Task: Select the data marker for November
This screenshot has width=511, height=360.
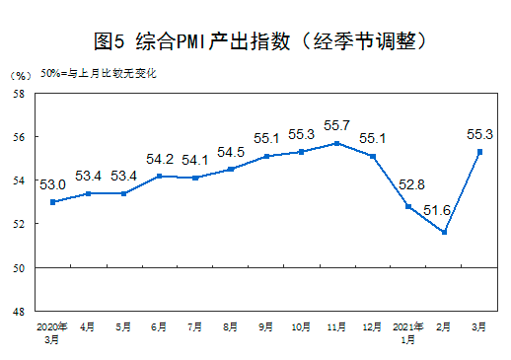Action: pos(337,143)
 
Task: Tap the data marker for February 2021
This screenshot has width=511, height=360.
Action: pos(445,233)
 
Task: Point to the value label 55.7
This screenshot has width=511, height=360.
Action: pos(337,126)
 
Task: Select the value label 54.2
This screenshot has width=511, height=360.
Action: pos(159,159)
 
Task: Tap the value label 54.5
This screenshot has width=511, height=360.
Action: pos(231,152)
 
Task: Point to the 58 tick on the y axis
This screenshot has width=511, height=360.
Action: pos(18,94)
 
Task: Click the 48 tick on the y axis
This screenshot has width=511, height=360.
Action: pos(18,312)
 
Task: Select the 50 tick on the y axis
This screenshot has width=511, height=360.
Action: pos(18,268)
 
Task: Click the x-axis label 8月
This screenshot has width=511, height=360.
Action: pos(230,324)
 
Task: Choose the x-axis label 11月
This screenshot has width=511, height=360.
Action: pos(337,324)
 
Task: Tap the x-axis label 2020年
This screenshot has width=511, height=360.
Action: pos(51,324)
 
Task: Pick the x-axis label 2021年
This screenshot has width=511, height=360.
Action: pos(408,324)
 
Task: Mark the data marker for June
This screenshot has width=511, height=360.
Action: pos(159,177)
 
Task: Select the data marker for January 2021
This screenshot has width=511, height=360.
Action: pos(408,206)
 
